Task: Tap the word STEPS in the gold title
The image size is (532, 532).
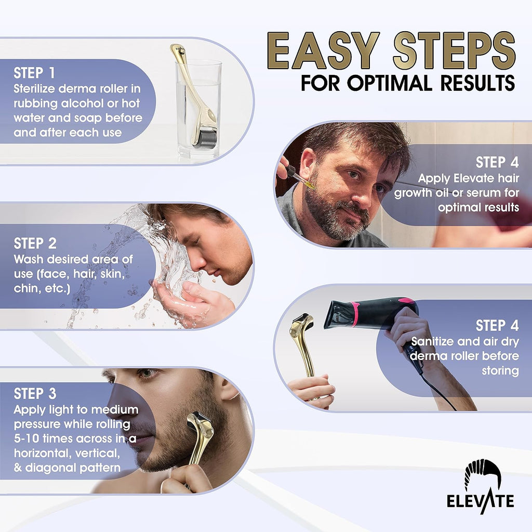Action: click(454, 51)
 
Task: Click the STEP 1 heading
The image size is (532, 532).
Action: click(34, 73)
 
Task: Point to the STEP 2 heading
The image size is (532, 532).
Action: click(35, 243)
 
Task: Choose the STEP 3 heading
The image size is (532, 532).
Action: click(35, 394)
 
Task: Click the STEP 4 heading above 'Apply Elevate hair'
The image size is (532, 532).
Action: click(497, 163)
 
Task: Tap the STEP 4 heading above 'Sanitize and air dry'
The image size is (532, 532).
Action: click(497, 325)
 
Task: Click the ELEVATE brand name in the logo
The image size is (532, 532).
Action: click(480, 501)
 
